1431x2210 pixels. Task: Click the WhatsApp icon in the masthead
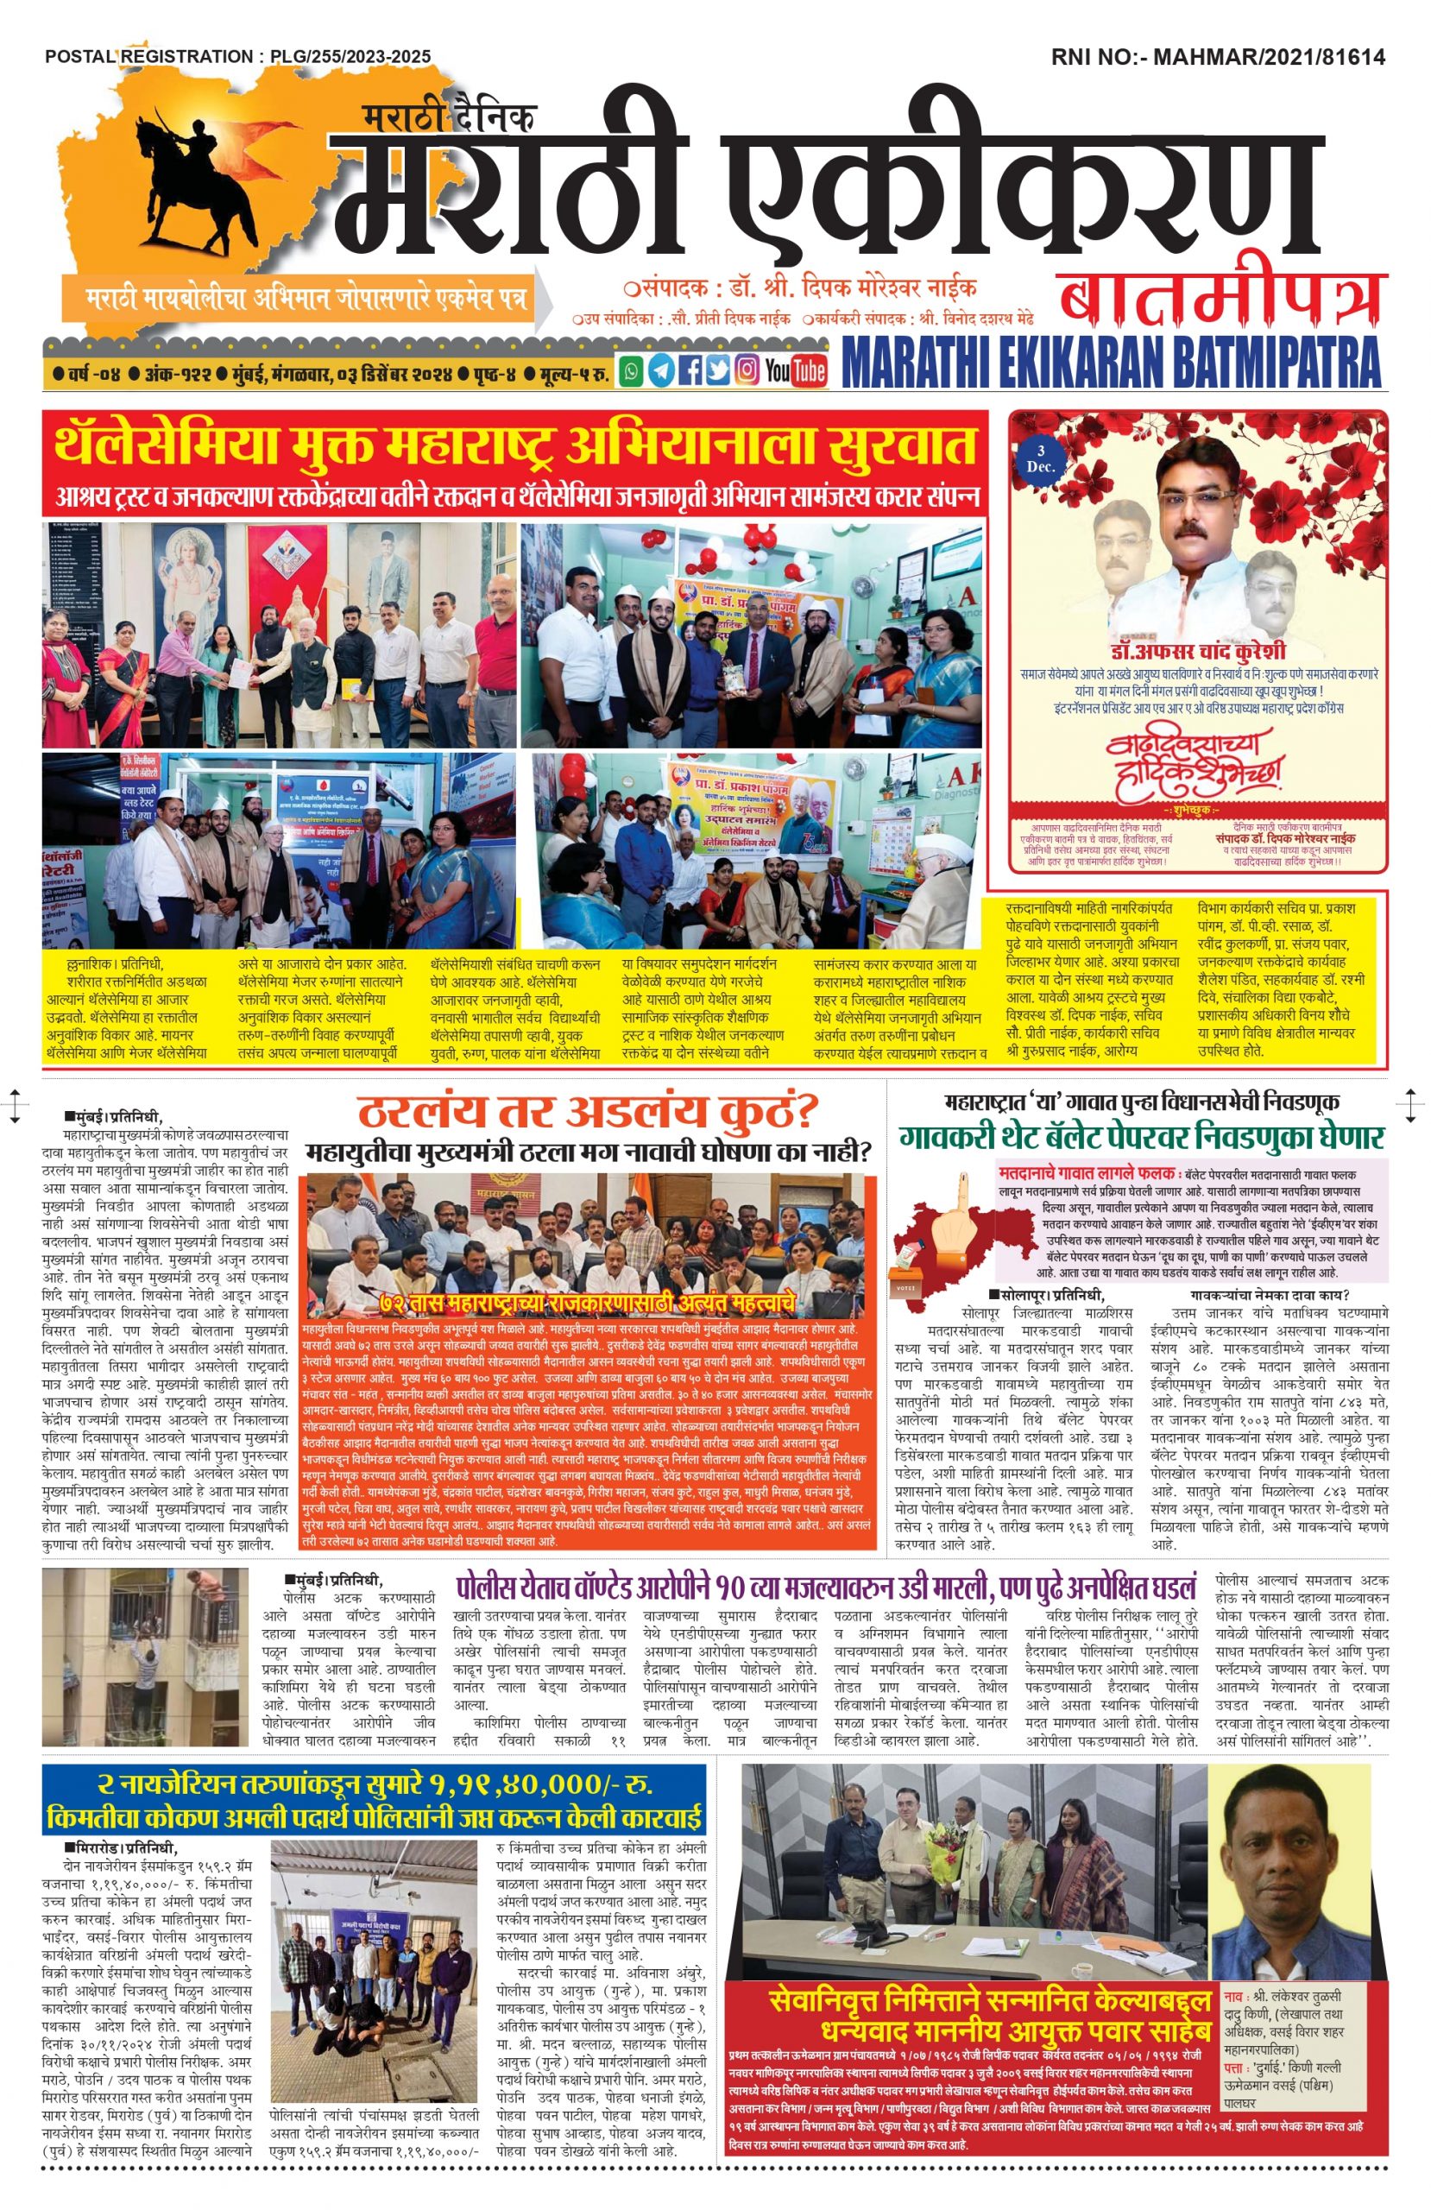632,370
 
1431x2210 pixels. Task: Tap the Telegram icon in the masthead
660,370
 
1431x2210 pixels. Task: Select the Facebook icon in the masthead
689,370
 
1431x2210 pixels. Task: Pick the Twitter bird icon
717,370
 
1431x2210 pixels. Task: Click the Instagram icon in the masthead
746,370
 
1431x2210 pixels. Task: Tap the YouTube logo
795,370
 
